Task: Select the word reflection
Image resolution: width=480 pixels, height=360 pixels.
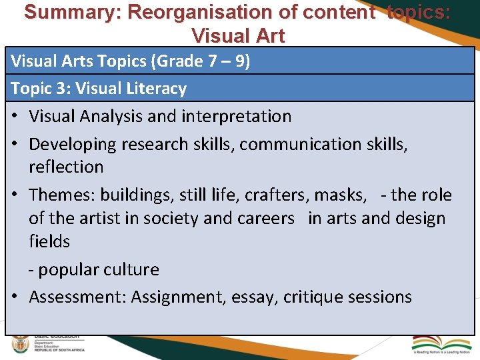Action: click(x=66, y=167)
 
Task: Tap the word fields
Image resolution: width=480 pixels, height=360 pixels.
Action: click(x=49, y=241)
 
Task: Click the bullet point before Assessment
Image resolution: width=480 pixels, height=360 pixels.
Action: click(x=16, y=297)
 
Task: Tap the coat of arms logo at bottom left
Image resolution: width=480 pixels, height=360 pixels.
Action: click(x=21, y=345)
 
